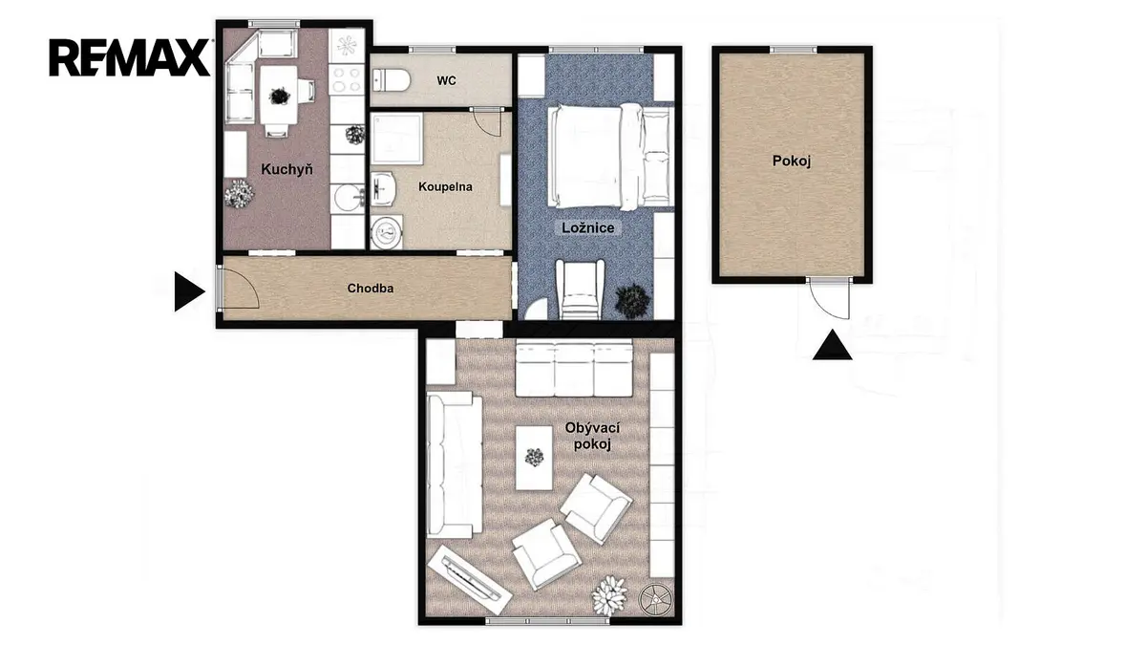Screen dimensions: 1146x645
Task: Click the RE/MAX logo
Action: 129,57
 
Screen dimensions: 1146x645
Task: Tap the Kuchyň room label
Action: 286,169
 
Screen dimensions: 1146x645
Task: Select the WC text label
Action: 446,81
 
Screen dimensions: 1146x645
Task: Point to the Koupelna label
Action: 445,187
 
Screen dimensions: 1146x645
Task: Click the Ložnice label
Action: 588,227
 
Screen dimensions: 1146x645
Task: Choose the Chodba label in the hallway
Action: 371,289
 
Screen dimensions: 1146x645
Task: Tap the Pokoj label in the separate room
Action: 792,161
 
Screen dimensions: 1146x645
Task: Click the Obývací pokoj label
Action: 592,436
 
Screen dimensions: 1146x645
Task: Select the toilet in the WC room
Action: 392,80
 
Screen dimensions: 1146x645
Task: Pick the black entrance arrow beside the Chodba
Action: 189,291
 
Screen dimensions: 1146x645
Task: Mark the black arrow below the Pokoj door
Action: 832,345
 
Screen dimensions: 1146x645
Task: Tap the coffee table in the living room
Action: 534,458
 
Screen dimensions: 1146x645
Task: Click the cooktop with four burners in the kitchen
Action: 347,78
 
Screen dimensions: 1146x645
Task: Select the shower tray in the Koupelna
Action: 396,139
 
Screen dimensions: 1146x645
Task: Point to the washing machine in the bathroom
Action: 386,232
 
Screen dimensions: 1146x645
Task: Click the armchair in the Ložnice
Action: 580,289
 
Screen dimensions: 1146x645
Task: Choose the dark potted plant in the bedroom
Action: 633,300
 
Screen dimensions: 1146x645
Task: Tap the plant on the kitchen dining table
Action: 279,96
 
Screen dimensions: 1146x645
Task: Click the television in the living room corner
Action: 469,578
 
